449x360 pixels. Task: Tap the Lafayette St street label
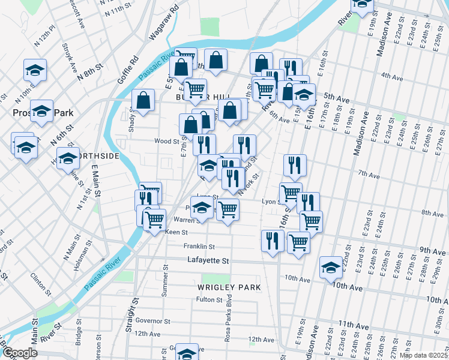(x=207, y=261)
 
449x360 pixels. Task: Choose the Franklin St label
(x=199, y=247)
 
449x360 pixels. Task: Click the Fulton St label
(x=209, y=299)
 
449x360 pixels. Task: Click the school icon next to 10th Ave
(x=330, y=267)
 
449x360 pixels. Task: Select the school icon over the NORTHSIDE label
(x=68, y=160)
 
